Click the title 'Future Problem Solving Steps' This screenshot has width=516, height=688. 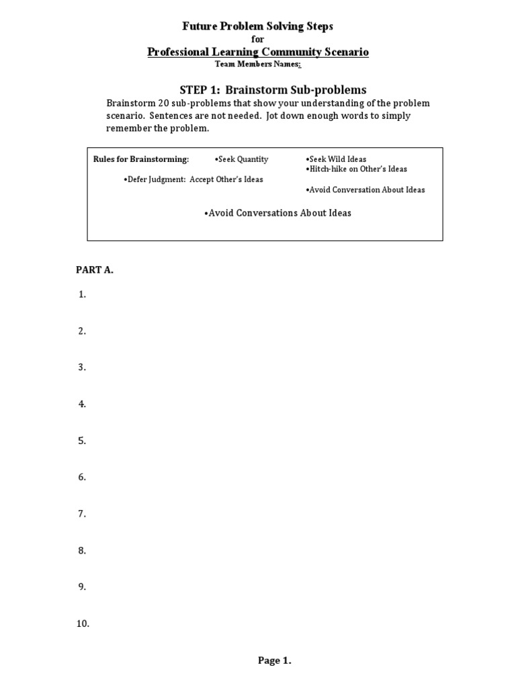tap(258, 26)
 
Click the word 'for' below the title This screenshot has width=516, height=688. tap(258, 40)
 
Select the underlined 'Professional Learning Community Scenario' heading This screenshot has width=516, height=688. tap(258, 52)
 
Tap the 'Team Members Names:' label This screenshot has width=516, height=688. tap(258, 64)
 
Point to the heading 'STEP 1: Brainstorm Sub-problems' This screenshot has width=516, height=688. tap(273, 90)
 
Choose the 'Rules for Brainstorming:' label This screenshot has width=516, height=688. tap(141, 159)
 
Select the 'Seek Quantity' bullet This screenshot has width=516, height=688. tap(241, 159)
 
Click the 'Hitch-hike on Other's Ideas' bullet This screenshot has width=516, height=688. tap(356, 169)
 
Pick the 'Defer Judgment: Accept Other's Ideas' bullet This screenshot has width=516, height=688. tap(193, 179)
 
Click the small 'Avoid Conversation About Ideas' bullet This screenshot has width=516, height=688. tap(365, 190)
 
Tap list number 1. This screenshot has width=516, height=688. tap(83, 294)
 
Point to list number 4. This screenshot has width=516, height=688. tap(83, 404)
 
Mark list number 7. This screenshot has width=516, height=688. tap(83, 514)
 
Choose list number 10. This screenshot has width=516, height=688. tap(83, 624)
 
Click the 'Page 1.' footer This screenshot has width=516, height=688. tap(274, 660)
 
